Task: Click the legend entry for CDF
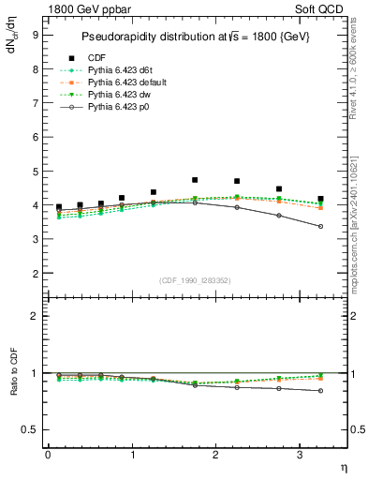pyautogui.click(x=96, y=56)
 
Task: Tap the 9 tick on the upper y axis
pyautogui.click(x=36, y=35)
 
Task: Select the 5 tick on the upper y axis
pyautogui.click(x=36, y=171)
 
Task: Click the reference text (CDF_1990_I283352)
pyautogui.click(x=196, y=280)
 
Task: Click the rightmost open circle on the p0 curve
pyautogui.click(x=321, y=226)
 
